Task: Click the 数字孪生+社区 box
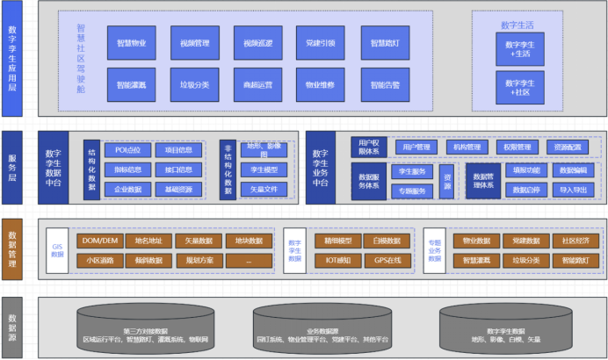(520, 86)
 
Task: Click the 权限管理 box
(518, 148)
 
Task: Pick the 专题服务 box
(412, 191)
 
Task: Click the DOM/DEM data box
(99, 241)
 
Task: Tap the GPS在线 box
(387, 260)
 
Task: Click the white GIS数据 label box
(58, 249)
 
